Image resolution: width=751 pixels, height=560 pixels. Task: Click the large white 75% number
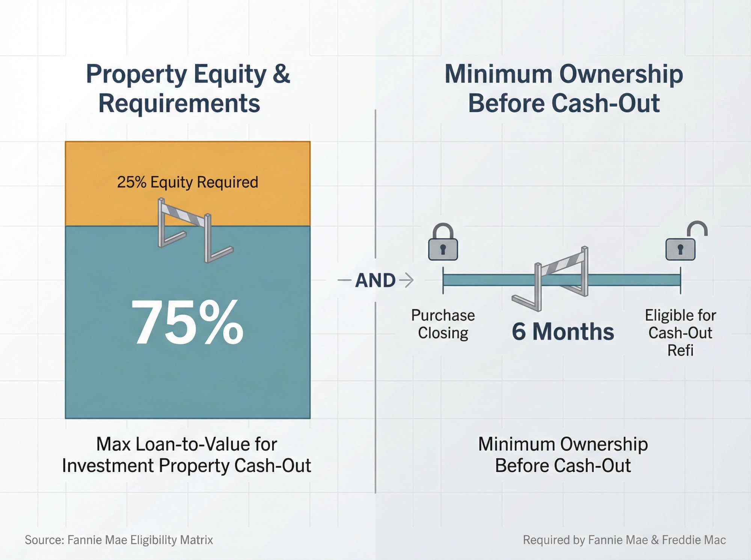pyautogui.click(x=187, y=322)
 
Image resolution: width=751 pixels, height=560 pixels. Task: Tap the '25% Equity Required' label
pyautogui.click(x=187, y=182)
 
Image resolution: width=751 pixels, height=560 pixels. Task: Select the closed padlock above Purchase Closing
pyautogui.click(x=443, y=243)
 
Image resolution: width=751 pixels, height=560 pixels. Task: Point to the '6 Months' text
pyautogui.click(x=562, y=332)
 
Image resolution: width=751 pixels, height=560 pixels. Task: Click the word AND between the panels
pyautogui.click(x=375, y=281)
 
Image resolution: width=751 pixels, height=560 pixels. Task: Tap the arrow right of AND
pyautogui.click(x=406, y=280)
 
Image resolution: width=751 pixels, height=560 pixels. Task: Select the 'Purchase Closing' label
pyautogui.click(x=443, y=324)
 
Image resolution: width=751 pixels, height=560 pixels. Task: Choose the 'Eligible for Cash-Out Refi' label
pyautogui.click(x=680, y=332)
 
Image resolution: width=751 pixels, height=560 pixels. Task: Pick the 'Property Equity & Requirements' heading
pyautogui.click(x=188, y=88)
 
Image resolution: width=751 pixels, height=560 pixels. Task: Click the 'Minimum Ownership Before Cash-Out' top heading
pyautogui.click(x=563, y=88)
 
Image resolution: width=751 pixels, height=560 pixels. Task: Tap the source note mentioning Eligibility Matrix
pyautogui.click(x=119, y=540)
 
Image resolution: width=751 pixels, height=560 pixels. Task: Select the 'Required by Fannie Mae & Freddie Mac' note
pyautogui.click(x=624, y=540)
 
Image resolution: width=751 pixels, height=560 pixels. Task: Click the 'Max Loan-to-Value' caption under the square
pyautogui.click(x=187, y=455)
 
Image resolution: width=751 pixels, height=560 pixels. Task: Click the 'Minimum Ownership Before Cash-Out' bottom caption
pyautogui.click(x=563, y=455)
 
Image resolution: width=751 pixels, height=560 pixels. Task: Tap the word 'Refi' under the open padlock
pyautogui.click(x=680, y=350)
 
